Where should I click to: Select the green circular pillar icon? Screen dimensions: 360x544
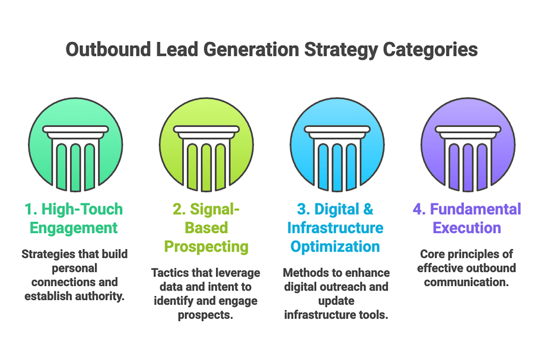point(75,145)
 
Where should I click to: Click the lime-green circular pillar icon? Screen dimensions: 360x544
point(206,145)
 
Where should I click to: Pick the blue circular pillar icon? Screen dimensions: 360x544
point(337,145)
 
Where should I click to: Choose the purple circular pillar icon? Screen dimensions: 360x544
point(467,145)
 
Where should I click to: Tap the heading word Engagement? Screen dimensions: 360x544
point(73,228)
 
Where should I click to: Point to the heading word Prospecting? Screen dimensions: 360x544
point(206,246)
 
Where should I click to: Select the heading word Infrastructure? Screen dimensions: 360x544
point(335,228)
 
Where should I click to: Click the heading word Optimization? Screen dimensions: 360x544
point(335,246)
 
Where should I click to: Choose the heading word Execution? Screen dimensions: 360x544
point(467,228)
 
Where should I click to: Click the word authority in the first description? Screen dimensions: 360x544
point(100,295)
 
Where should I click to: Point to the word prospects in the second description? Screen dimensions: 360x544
point(206,314)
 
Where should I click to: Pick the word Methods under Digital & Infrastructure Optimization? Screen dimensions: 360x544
point(304,273)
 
